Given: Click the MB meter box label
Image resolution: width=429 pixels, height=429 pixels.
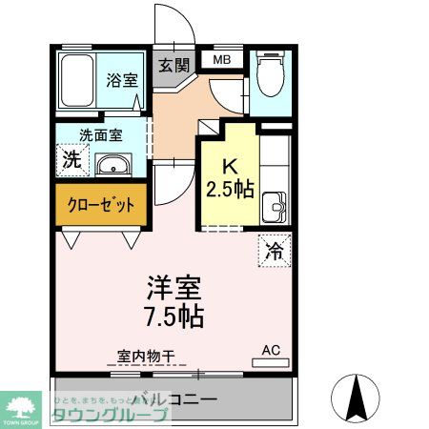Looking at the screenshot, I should pos(221,60).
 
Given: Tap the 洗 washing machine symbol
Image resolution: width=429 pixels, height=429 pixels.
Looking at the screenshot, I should pos(71,159).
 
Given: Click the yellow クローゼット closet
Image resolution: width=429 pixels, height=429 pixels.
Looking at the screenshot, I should pos(100,204).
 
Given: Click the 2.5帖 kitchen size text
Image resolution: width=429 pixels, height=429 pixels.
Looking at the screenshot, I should pos(230,188).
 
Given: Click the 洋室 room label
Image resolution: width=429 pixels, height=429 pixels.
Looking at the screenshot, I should pos(174,285).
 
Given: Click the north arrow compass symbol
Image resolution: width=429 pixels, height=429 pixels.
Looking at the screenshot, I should pos(359,398).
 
